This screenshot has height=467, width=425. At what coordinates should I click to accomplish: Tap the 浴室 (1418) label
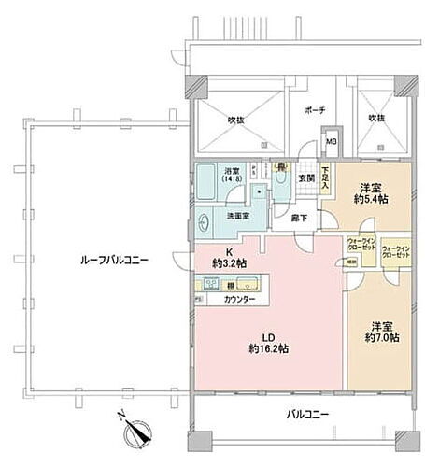232,175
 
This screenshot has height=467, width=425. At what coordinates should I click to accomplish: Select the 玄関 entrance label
305,179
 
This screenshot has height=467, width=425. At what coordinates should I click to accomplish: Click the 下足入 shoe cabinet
325,177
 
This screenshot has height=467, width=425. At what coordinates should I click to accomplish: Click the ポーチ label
314,109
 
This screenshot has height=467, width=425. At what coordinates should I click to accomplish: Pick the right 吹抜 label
375,119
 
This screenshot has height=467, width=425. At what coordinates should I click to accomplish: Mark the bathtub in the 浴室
206,184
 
